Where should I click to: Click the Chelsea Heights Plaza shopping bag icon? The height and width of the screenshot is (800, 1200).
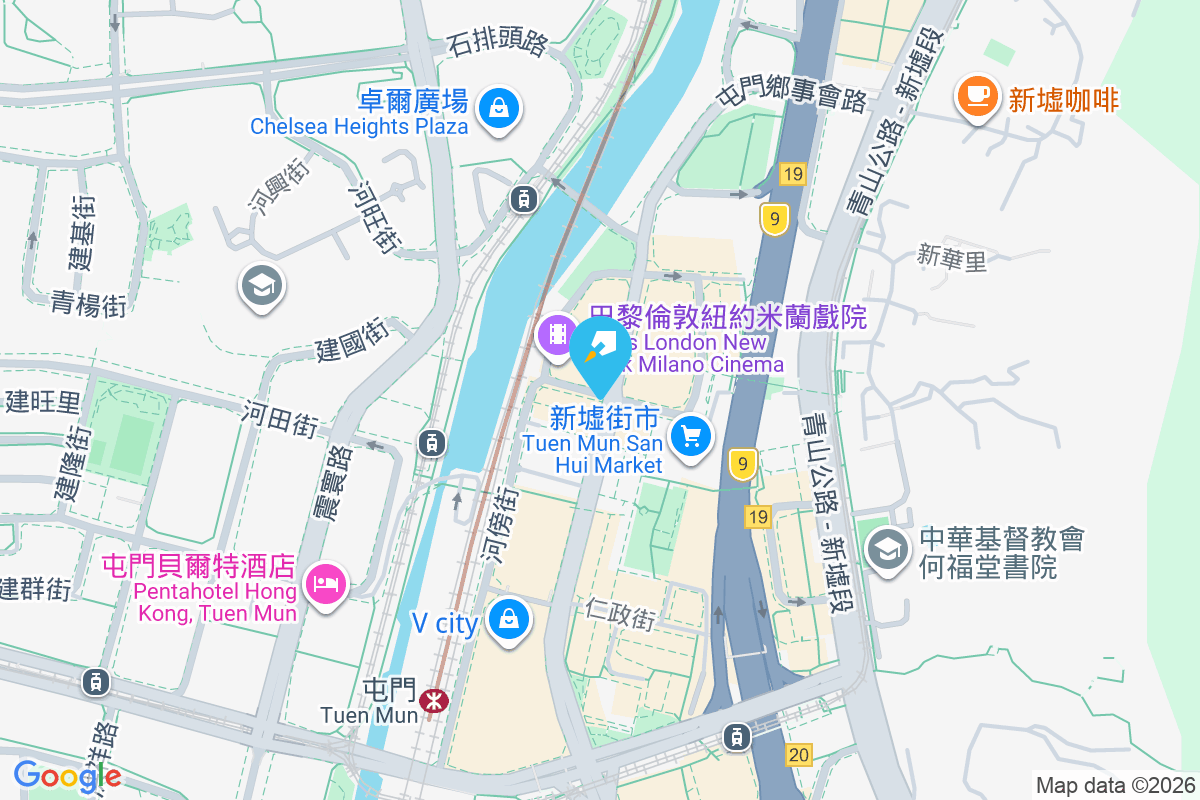pyautogui.click(x=498, y=107)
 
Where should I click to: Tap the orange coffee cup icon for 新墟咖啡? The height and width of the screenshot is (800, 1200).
pyautogui.click(x=977, y=96)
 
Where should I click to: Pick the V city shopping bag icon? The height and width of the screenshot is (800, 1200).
pyautogui.click(x=509, y=620)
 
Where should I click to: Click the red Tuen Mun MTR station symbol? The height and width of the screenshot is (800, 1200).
pyautogui.click(x=434, y=699)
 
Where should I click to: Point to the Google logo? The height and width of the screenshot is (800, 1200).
pyautogui.click(x=67, y=776)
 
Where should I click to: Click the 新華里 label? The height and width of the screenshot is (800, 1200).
pyautogui.click(x=952, y=260)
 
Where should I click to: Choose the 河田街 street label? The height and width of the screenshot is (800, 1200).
pyautogui.click(x=280, y=417)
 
